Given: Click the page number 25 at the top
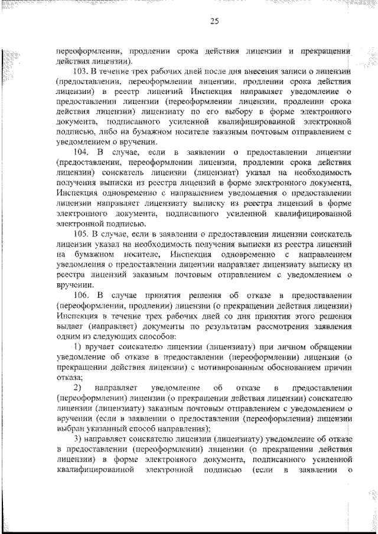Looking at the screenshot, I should [x=214, y=21].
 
